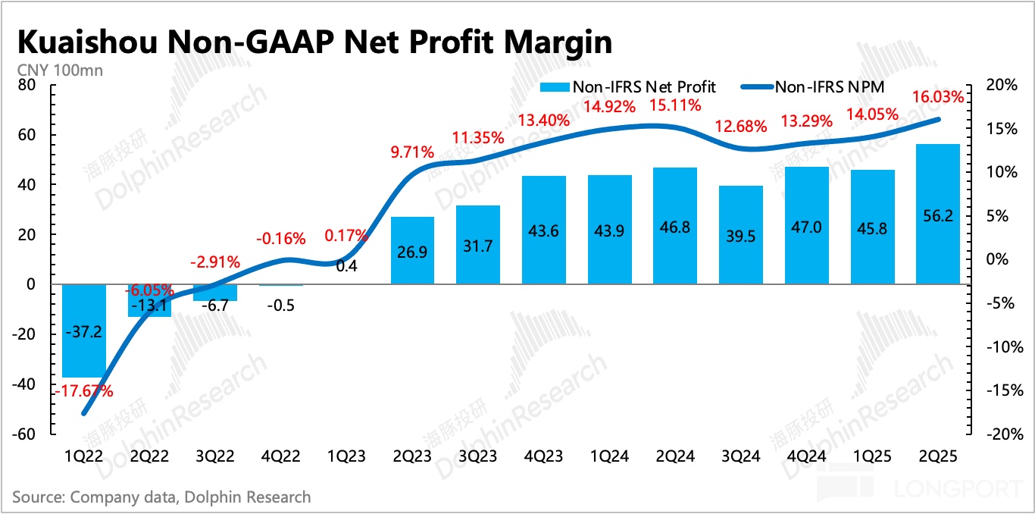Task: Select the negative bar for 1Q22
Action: click(x=84, y=331)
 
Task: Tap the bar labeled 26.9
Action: click(x=412, y=250)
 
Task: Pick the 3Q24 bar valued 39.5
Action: click(x=740, y=235)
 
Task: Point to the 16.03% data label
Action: click(x=938, y=97)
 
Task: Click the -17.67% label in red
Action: click(x=83, y=392)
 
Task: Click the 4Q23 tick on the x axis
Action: click(x=543, y=457)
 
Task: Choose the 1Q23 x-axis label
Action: click(x=346, y=457)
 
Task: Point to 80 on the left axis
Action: click(x=27, y=86)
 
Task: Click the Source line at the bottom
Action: click(x=161, y=497)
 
